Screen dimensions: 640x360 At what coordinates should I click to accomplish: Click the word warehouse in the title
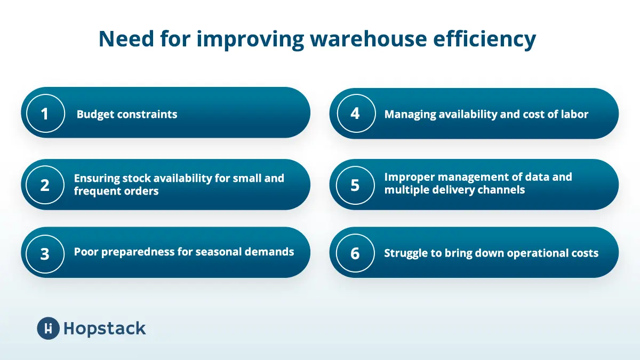pos(369,39)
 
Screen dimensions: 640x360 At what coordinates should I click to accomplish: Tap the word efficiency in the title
pos(485,40)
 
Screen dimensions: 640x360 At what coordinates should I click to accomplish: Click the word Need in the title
pos(126,38)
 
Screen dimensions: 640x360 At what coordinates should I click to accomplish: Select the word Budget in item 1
pos(95,115)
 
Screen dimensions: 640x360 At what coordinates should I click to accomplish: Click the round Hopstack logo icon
pos(49,329)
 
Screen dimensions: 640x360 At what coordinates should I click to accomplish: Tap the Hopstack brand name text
pos(105,329)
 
